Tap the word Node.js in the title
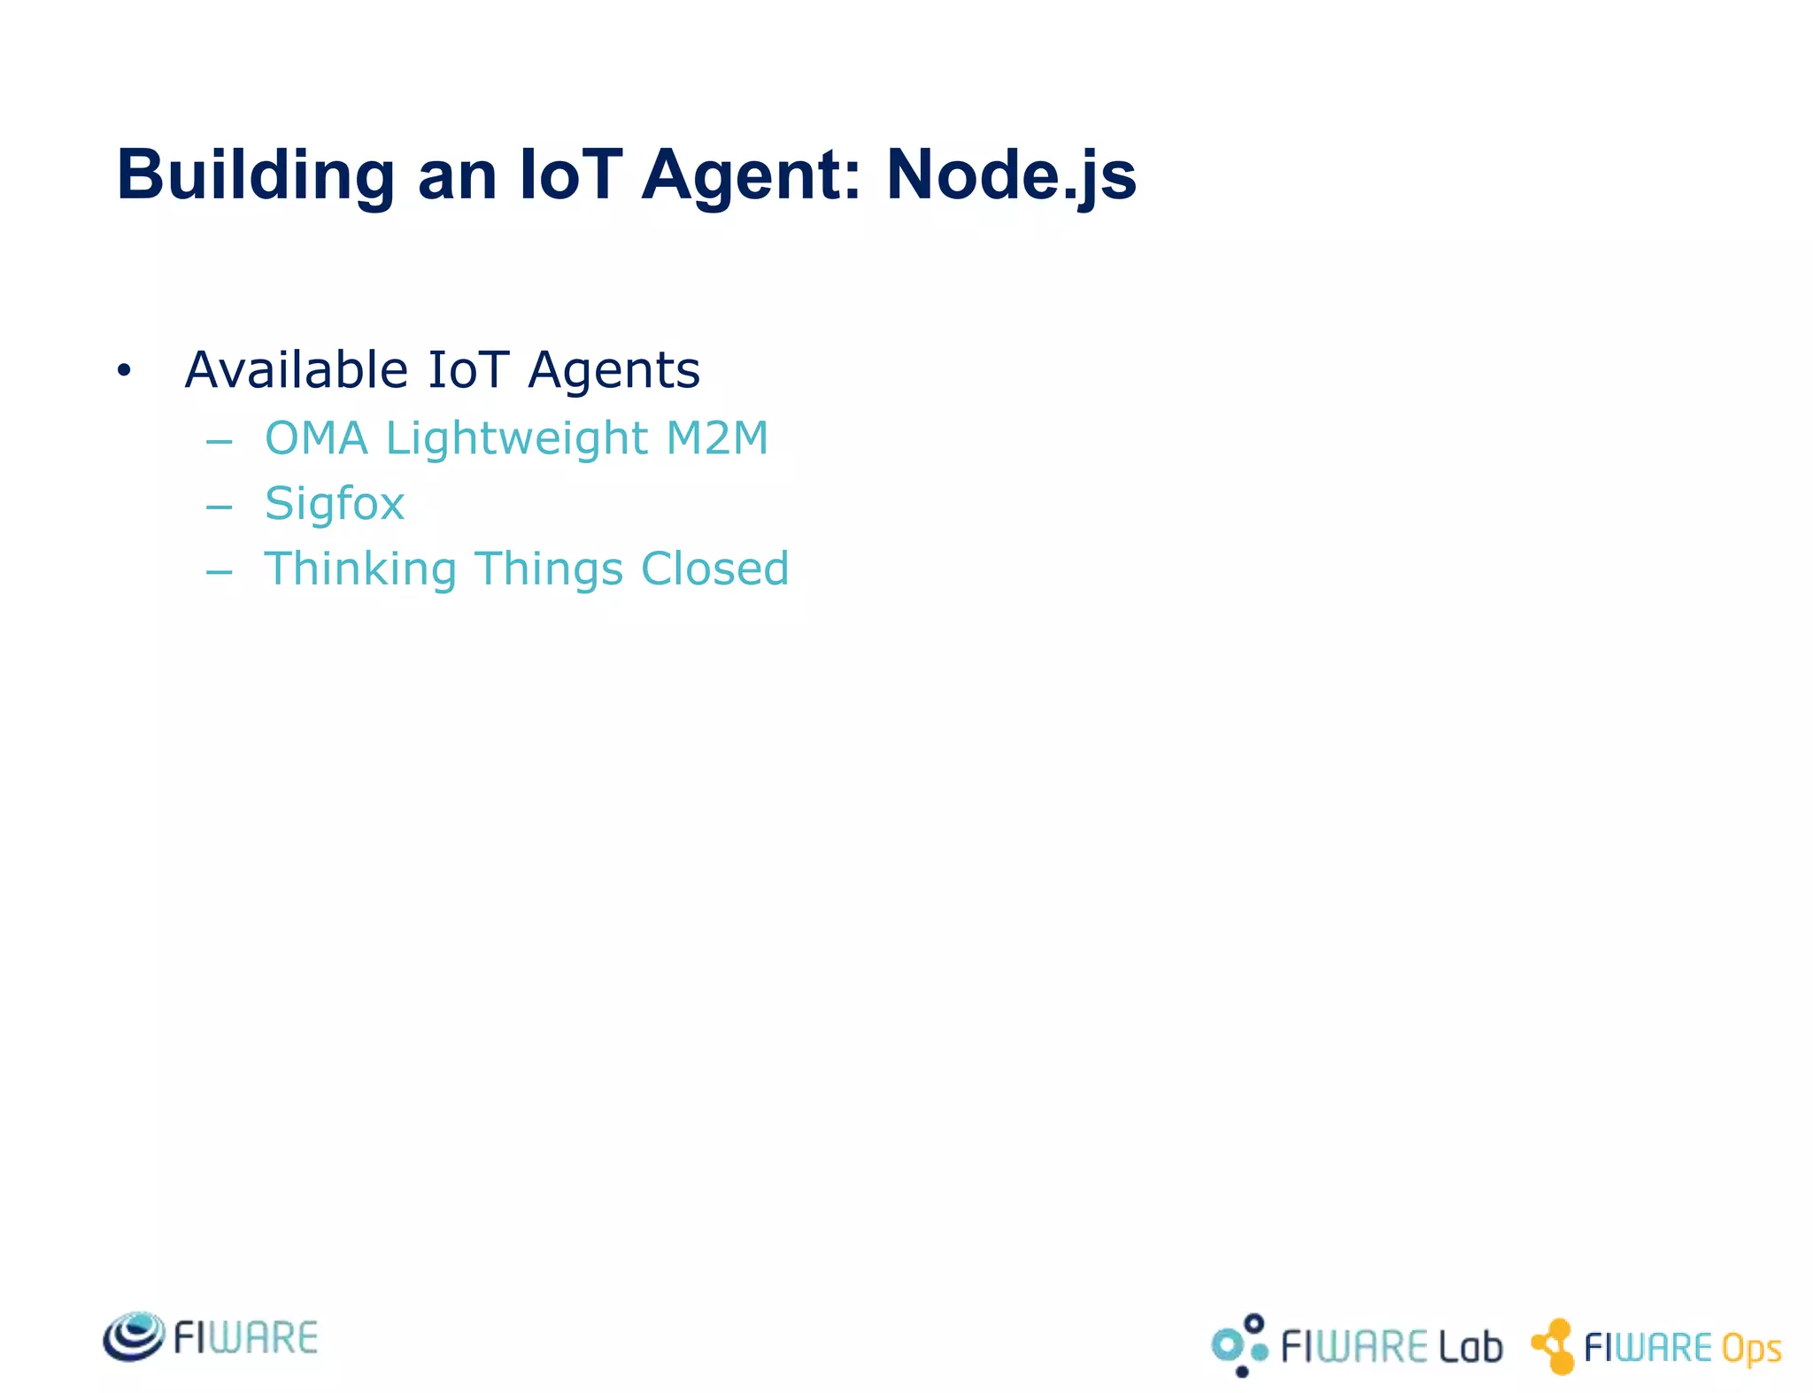tap(1011, 175)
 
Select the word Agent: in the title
tap(751, 175)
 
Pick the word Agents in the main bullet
tap(613, 371)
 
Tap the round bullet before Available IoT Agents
tap(124, 371)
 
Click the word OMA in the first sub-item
tap(316, 438)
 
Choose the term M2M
tap(717, 438)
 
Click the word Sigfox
tap(335, 505)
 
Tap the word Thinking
tap(360, 569)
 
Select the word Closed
tap(714, 569)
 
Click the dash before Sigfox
tap(219, 507)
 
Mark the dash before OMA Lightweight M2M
tap(219, 442)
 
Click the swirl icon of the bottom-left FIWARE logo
tap(134, 1336)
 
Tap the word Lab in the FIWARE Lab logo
tap(1470, 1347)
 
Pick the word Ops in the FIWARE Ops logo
tap(1751, 1349)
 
